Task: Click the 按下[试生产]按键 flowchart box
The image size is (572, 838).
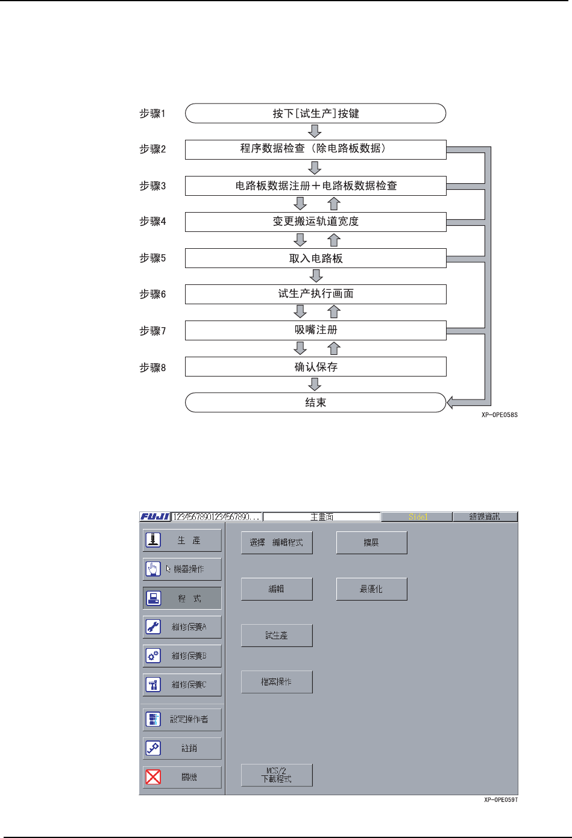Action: point(315,113)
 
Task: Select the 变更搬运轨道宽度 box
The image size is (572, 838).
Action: point(315,222)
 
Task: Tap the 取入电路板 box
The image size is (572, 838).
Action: point(315,258)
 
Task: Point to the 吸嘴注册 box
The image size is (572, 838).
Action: point(315,330)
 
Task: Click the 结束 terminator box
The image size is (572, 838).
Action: point(315,402)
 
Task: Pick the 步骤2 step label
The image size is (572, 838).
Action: point(152,149)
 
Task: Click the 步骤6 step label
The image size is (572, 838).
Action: point(152,294)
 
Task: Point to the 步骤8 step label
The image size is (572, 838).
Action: point(152,367)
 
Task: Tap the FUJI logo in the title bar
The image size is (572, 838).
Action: point(155,517)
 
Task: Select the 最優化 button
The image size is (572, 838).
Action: point(371,589)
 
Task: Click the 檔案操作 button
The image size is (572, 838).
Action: point(277,682)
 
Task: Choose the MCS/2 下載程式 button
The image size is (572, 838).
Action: point(277,775)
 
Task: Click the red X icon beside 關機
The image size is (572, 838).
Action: point(153,777)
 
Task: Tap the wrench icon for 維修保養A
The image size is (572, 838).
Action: point(153,627)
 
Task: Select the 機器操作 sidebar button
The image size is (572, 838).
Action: point(182,569)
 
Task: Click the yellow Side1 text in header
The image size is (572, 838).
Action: point(417,517)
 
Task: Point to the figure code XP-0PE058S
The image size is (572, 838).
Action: point(499,415)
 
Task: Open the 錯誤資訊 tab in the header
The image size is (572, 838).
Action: point(485,517)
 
